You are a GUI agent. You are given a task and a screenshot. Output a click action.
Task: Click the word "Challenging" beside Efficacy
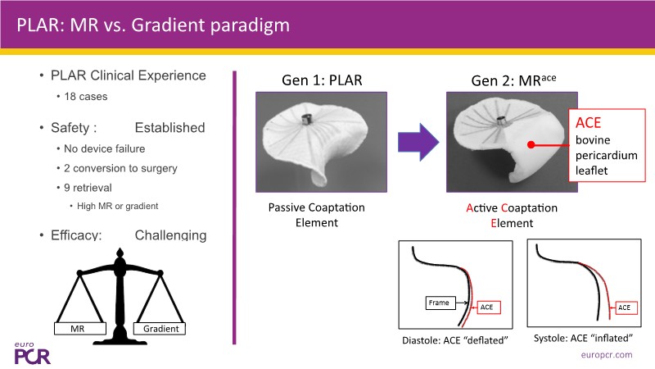pos(170,235)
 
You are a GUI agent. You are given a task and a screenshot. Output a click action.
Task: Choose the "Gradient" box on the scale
pos(162,329)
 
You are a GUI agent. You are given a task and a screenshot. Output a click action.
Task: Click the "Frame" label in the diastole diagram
pos(438,303)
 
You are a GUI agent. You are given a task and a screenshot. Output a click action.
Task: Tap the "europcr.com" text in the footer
pos(607,355)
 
